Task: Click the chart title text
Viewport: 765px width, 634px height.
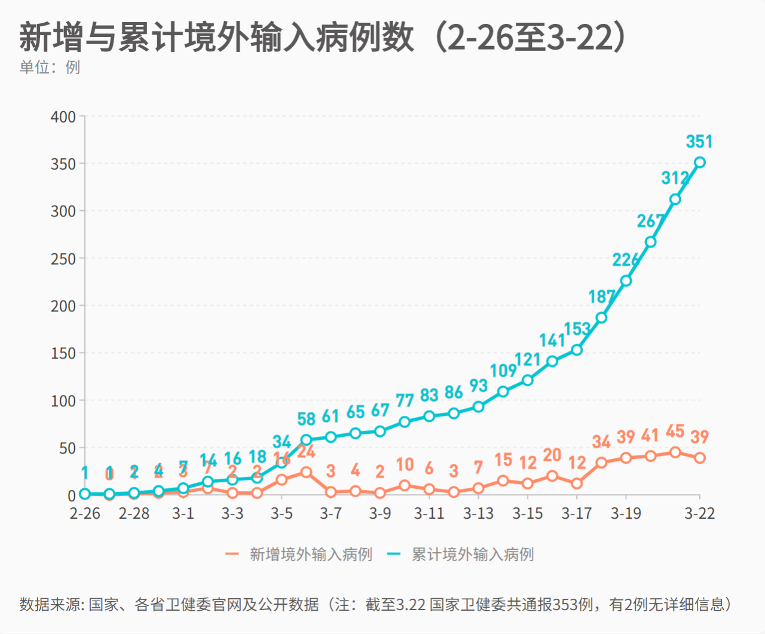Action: [x=323, y=37]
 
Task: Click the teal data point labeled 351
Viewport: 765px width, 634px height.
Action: [x=699, y=162]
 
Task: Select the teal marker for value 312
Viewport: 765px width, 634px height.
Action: [x=675, y=199]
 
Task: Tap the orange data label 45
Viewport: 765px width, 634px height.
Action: [x=675, y=431]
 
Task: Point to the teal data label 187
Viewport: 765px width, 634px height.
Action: [x=601, y=296]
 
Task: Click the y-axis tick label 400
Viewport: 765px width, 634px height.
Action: [x=63, y=117]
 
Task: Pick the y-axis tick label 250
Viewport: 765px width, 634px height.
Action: [x=63, y=259]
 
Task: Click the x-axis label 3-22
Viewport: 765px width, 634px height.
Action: [x=699, y=513]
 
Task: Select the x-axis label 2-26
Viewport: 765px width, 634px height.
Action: [x=85, y=513]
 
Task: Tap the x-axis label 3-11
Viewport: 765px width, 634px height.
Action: [x=429, y=513]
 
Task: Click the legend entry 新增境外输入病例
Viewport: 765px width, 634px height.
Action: [x=310, y=555]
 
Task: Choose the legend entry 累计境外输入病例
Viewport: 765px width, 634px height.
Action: [x=472, y=555]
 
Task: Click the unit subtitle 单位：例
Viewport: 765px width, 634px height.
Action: [x=50, y=67]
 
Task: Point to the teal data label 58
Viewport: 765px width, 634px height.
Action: [x=306, y=419]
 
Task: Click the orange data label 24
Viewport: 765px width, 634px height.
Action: [x=307, y=452]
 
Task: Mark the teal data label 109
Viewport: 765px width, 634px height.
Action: [x=503, y=370]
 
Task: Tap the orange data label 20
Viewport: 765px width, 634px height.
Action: [x=552, y=455]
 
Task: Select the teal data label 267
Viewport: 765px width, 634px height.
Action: [x=650, y=220]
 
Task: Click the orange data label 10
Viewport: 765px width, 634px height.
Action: [x=405, y=464]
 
